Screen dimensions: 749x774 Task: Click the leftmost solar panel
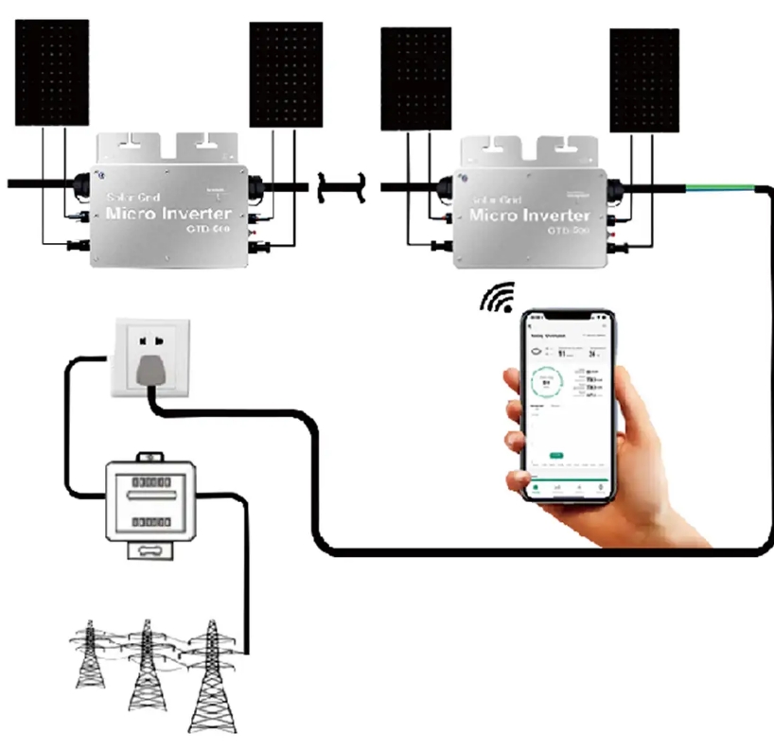pyautogui.click(x=52, y=73)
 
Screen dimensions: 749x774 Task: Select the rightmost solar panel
pyautogui.click(x=643, y=80)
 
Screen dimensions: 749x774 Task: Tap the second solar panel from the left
pyautogui.click(x=286, y=75)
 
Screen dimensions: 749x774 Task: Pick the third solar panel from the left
pyautogui.click(x=415, y=78)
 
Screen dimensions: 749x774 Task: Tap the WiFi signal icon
pyautogui.click(x=497, y=297)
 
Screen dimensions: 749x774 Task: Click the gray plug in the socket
pyautogui.click(x=149, y=370)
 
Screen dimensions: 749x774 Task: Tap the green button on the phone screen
pyautogui.click(x=556, y=456)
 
